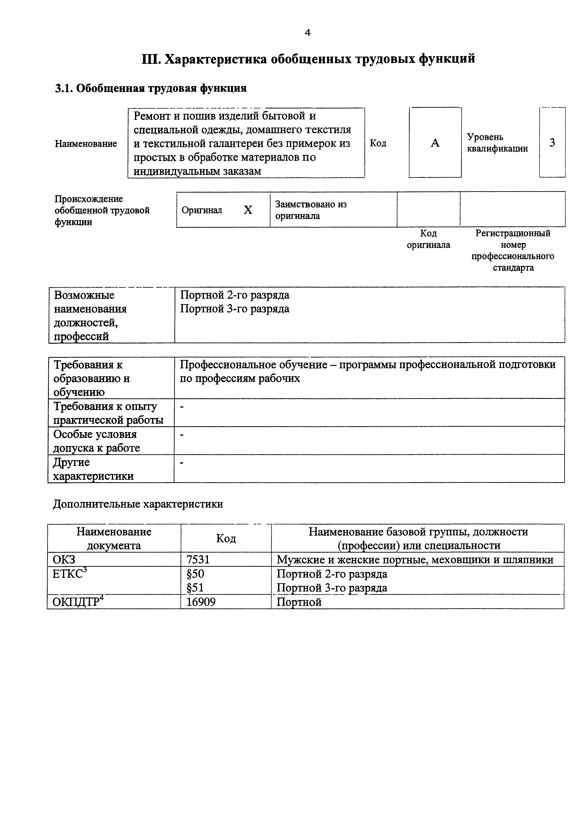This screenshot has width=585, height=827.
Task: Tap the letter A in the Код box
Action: click(x=435, y=143)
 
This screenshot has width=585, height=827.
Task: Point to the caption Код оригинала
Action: click(x=428, y=239)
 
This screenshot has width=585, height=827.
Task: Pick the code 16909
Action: click(x=201, y=602)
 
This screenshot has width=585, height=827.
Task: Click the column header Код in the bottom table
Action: click(x=226, y=538)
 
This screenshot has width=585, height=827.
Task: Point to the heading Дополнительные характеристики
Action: click(x=138, y=504)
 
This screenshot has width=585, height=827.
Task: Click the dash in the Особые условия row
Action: click(x=182, y=435)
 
